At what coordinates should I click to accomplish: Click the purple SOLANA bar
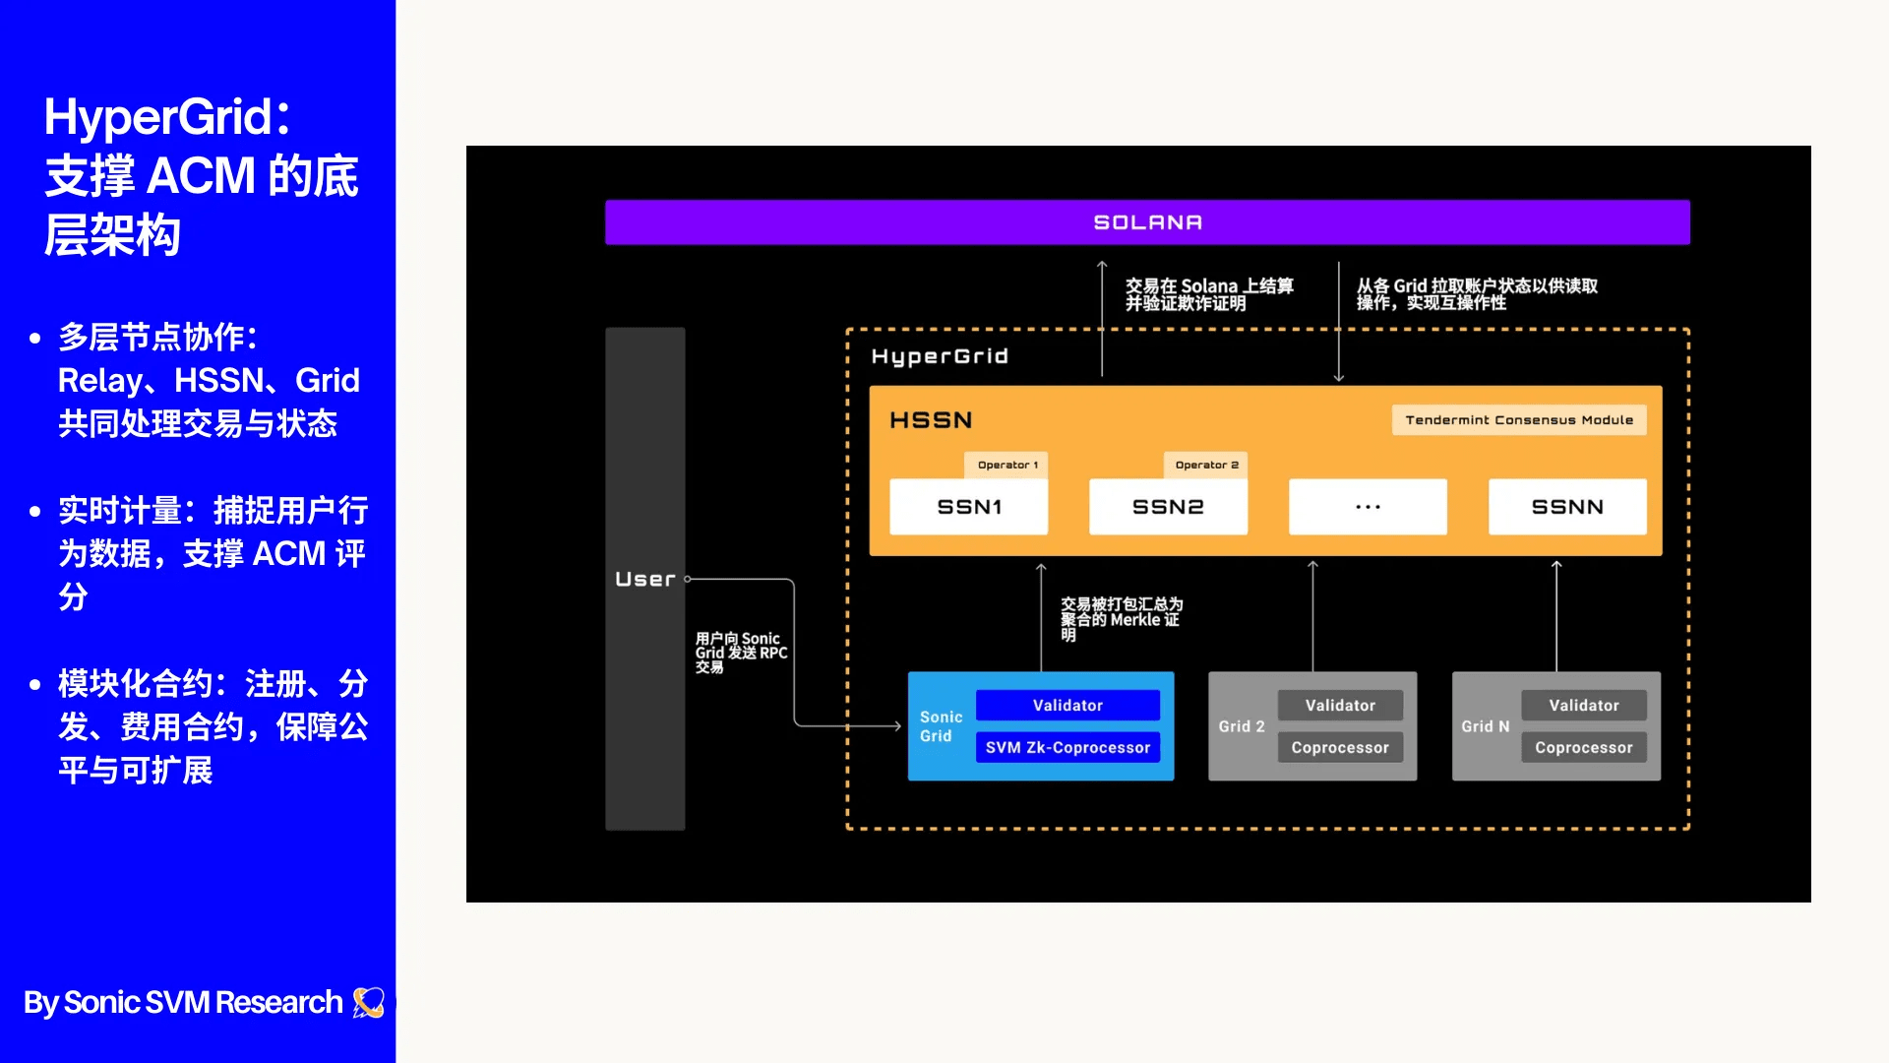1147,222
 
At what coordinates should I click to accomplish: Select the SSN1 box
968,507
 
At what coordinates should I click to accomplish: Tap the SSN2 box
1168,507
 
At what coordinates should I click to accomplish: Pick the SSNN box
1567,507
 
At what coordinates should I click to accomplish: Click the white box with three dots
1368,507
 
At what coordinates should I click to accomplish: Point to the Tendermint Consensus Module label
1518,420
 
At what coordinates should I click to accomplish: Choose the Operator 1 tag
1007,465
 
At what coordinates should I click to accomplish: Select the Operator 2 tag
1206,465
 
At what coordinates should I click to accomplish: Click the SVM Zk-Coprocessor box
1067,748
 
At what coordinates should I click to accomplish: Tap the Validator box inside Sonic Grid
1067,706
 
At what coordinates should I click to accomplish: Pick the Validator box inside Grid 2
1340,706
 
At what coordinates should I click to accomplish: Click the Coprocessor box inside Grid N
1583,748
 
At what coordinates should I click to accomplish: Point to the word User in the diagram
645,580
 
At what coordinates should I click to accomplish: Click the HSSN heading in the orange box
931,420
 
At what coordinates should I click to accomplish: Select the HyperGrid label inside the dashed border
940,356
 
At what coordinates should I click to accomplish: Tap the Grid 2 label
1242,726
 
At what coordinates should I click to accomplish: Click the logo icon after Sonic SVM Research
369,1002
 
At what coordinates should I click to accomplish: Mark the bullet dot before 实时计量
35,512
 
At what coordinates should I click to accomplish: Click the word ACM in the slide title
202,177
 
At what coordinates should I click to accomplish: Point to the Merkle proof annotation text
1121,619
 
